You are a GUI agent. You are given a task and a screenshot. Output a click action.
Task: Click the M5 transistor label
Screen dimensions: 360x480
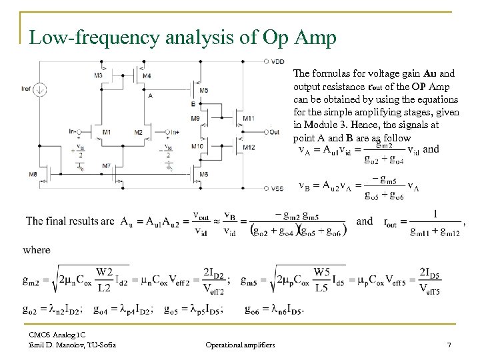click(x=203, y=90)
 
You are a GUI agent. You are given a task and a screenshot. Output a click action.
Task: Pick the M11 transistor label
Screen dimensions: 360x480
click(x=248, y=119)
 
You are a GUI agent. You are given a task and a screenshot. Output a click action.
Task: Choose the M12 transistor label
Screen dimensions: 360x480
click(x=248, y=147)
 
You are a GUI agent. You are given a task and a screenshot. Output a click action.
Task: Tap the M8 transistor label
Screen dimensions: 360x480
click(x=33, y=175)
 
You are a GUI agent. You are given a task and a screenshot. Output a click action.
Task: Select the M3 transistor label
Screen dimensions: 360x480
click(x=98, y=75)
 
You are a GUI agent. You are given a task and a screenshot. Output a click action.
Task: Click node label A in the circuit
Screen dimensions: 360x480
click(x=151, y=95)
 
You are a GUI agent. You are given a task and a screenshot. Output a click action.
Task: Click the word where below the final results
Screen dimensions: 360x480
click(x=36, y=250)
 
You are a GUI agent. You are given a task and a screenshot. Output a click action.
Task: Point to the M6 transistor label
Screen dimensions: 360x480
click(x=203, y=175)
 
